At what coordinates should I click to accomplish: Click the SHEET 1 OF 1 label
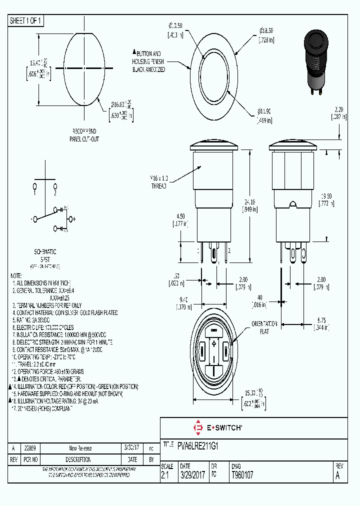click(x=26, y=20)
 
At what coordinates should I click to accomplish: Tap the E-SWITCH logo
click(x=217, y=428)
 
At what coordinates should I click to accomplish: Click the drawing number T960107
click(x=242, y=475)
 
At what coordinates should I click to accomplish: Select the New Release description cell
click(x=80, y=448)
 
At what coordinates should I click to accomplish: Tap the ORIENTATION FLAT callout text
click(x=264, y=327)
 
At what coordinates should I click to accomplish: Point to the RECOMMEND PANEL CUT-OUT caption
click(x=83, y=135)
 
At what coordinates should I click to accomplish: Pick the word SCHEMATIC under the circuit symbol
click(x=44, y=252)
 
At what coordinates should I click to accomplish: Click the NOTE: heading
click(x=16, y=275)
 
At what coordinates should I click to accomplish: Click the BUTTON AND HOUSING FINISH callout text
click(x=148, y=61)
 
